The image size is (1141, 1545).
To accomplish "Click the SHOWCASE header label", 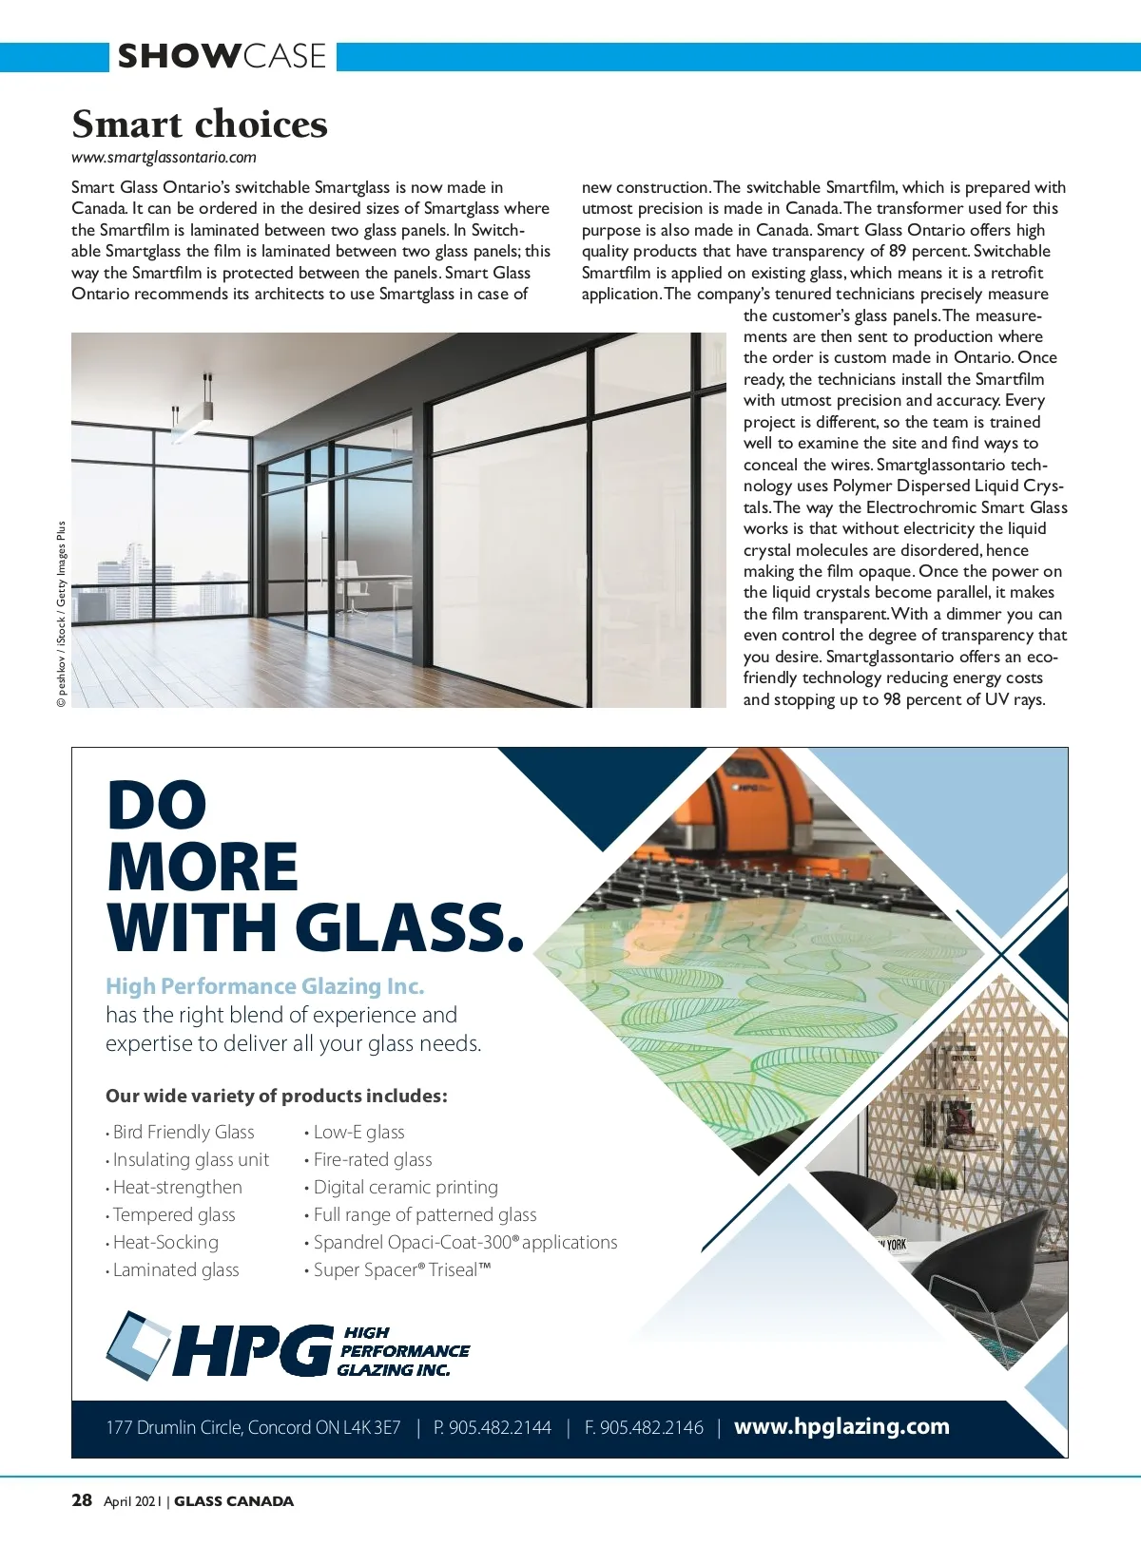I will point(222,56).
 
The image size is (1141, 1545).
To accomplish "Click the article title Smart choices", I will point(200,124).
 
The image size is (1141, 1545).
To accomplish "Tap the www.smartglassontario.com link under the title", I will point(164,158).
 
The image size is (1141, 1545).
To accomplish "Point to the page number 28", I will point(82,1500).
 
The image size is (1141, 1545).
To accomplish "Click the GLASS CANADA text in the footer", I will point(234,1501).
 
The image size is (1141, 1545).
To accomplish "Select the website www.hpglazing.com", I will point(841,1426).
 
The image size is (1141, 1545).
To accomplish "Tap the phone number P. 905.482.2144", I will point(493,1427).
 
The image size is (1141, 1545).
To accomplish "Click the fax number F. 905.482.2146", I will point(644,1427).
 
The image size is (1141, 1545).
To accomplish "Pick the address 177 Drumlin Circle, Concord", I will point(253,1427).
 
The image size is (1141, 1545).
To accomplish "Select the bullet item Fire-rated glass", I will point(373,1159).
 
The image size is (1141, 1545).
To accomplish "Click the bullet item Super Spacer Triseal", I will point(401,1269).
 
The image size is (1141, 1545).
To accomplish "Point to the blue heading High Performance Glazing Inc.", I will point(264,986).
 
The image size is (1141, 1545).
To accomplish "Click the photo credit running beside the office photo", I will point(62,614).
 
